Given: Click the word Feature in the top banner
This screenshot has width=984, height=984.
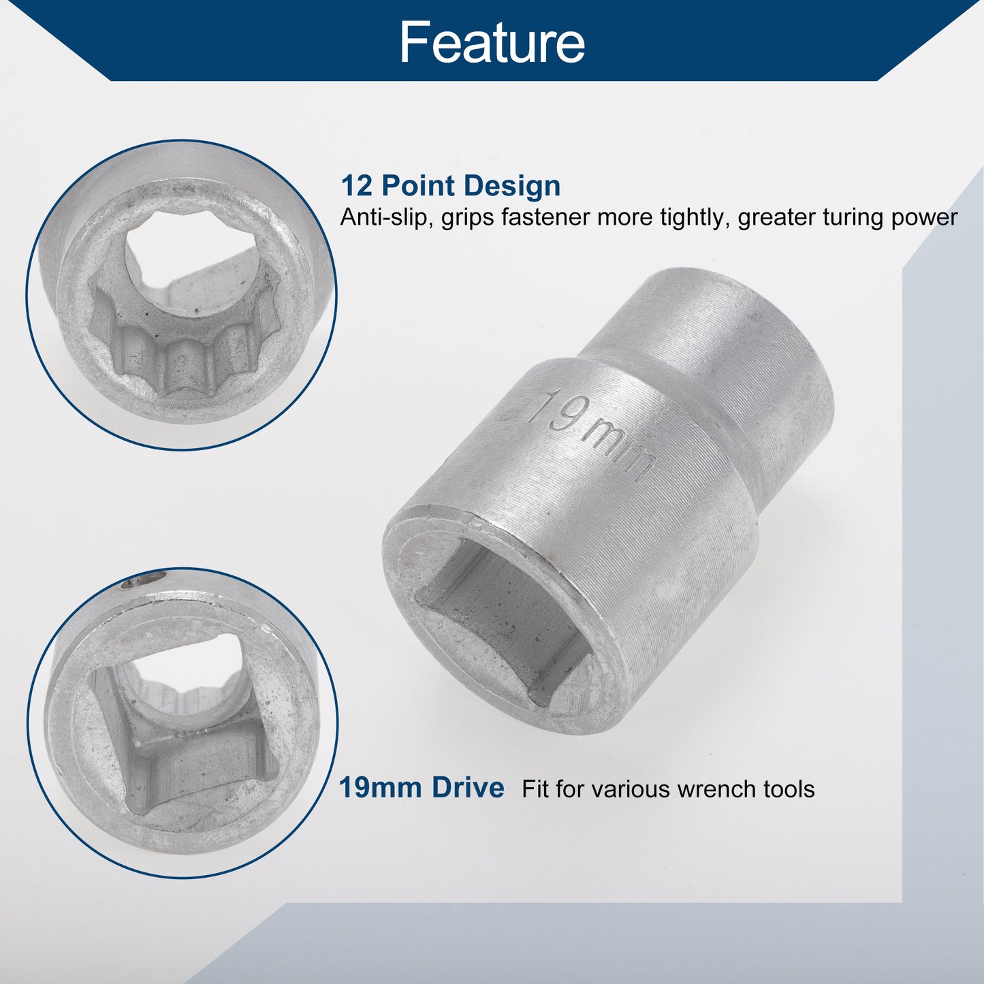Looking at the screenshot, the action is tap(492, 42).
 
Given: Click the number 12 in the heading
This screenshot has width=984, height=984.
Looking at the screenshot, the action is tap(357, 185).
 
